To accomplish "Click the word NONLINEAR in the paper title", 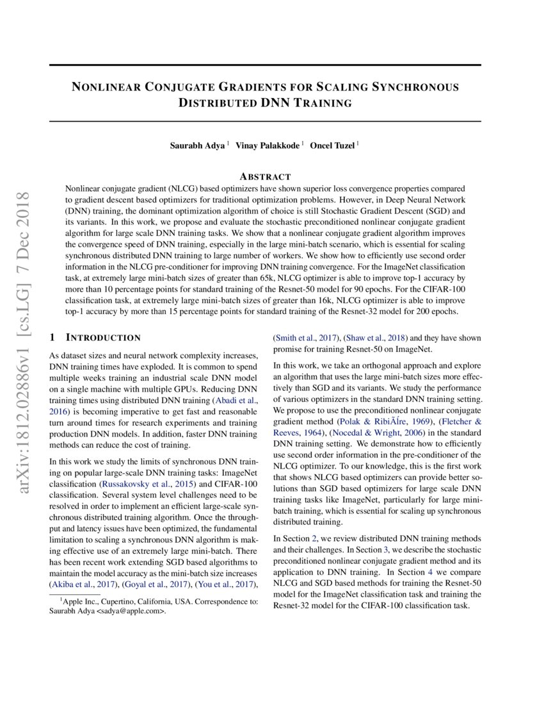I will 106,87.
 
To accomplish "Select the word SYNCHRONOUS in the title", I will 417,87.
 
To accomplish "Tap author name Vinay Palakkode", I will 268,145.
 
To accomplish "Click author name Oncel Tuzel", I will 333,145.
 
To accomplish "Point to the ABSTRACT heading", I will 265,176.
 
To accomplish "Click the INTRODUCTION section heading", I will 104,337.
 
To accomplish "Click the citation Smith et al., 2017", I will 305,338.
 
